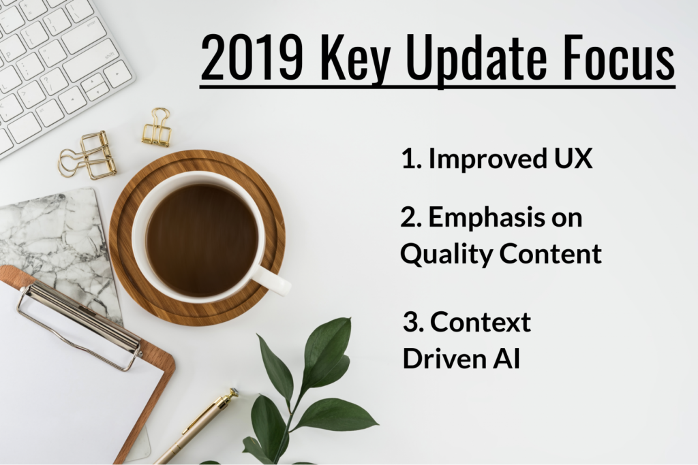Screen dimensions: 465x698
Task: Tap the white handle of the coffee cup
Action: coord(273,280)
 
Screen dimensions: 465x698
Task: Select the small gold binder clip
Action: coord(157,129)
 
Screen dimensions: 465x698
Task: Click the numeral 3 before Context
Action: coord(410,321)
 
